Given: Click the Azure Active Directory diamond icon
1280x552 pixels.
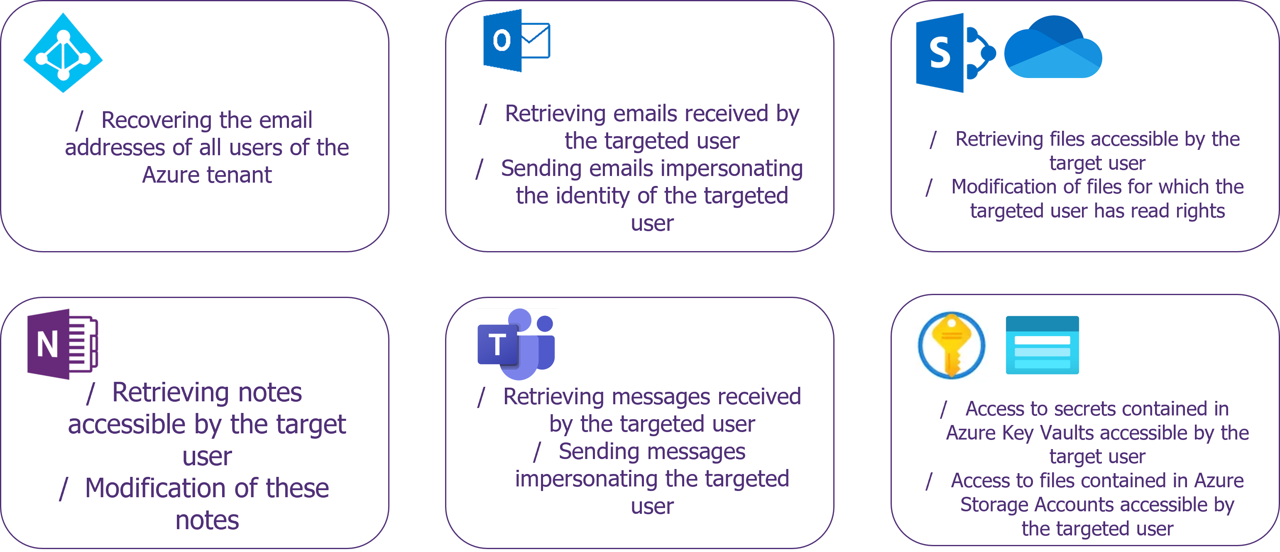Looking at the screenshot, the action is [63, 53].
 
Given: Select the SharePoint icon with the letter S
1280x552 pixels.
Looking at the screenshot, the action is [955, 53].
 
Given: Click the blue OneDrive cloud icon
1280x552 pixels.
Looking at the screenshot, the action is [1053, 47].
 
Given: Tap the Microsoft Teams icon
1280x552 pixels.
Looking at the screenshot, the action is [516, 344].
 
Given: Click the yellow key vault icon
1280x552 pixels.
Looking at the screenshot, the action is [951, 345].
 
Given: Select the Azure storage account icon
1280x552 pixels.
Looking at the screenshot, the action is [1042, 345].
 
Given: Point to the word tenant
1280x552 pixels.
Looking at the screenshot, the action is [239, 175].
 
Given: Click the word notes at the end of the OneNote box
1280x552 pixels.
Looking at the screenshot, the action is [207, 520].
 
